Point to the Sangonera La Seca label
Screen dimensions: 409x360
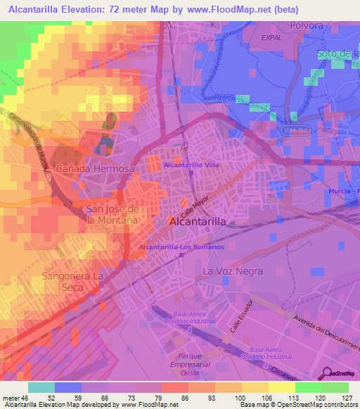click(72, 281)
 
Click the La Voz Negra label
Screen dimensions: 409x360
click(232, 271)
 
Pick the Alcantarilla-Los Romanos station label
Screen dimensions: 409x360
click(181, 247)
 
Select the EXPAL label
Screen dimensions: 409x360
click(271, 37)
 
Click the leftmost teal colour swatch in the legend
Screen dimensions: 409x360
click(41, 387)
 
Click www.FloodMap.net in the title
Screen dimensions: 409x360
click(229, 10)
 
